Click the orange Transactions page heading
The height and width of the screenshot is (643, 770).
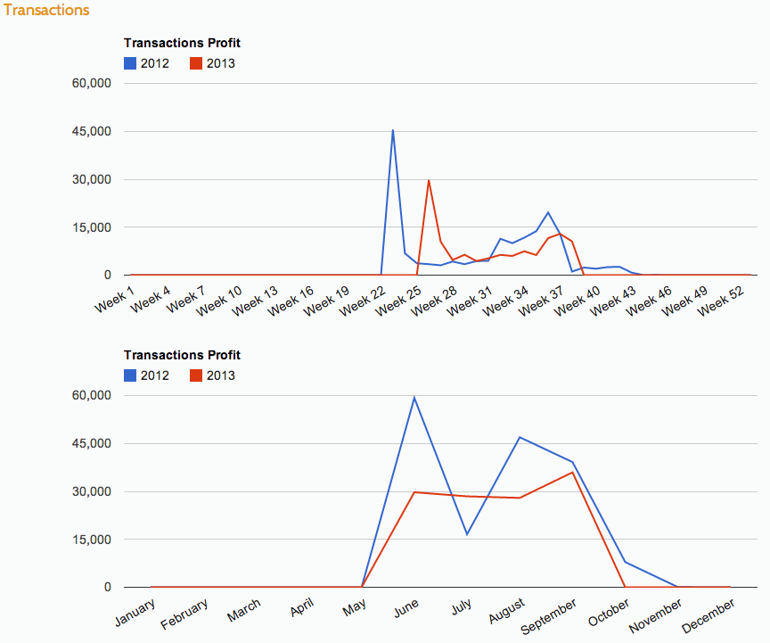[x=46, y=11]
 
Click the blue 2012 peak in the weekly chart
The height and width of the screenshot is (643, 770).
[x=393, y=130]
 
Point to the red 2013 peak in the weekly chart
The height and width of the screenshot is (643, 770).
[x=429, y=180]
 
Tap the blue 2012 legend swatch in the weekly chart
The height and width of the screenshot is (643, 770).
[x=130, y=63]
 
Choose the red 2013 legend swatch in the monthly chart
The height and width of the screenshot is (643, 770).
[x=196, y=375]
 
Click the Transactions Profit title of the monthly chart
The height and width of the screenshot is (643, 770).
[x=182, y=355]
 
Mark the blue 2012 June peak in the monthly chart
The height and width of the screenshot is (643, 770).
[x=414, y=397]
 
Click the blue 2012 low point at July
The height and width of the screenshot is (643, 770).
[x=466, y=534]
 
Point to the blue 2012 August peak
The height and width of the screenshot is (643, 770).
[x=520, y=437]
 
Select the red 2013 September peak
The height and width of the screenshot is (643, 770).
[x=572, y=472]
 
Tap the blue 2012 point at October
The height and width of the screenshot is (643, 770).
[x=625, y=562]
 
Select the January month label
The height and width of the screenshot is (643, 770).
[x=135, y=611]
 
